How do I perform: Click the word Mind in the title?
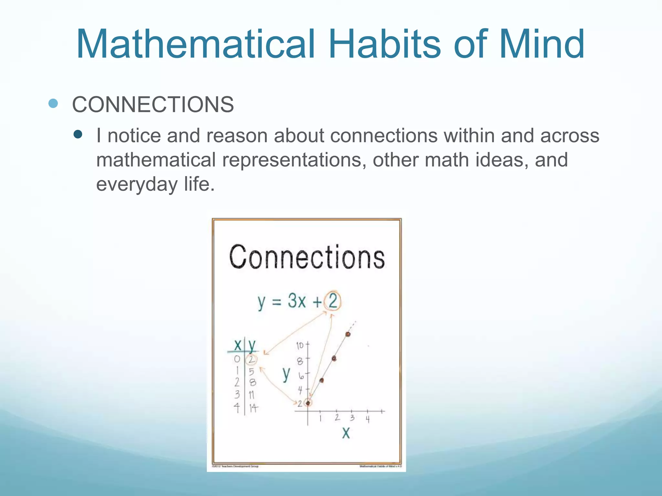click(x=541, y=44)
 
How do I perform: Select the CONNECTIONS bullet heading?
click(x=153, y=105)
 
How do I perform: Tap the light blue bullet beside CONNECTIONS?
click(x=53, y=103)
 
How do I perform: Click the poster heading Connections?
click(x=307, y=257)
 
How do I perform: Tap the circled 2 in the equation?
click(x=333, y=301)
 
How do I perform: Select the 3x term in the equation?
click(x=296, y=301)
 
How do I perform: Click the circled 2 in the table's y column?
click(x=251, y=359)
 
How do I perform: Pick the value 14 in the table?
click(x=253, y=408)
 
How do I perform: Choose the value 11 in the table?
click(x=251, y=395)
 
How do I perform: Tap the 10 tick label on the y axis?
click(x=300, y=346)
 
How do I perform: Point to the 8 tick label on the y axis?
click(x=300, y=361)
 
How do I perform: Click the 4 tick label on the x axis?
click(x=368, y=419)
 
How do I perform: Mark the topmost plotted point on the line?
click(x=348, y=334)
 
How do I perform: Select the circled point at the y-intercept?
click(x=308, y=403)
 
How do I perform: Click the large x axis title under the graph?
click(x=346, y=433)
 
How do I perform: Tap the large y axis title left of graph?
click(x=286, y=375)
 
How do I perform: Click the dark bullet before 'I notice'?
click(x=78, y=134)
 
